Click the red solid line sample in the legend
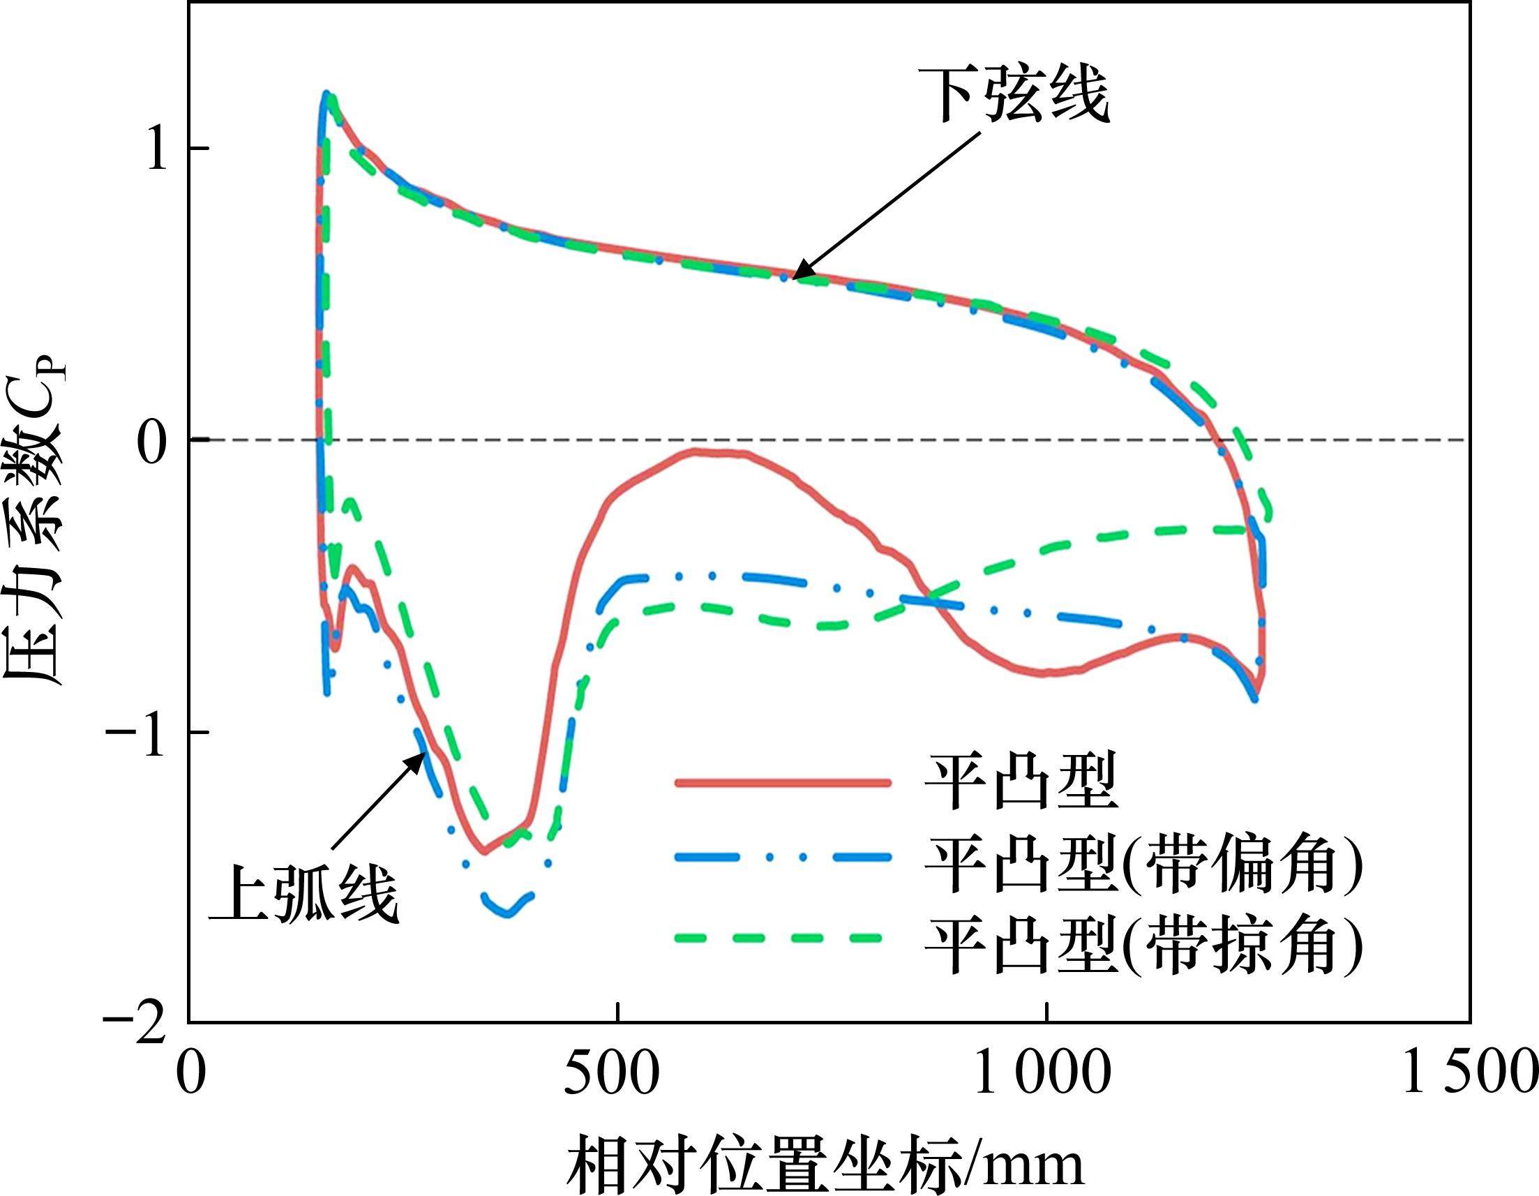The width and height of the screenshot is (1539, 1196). point(782,782)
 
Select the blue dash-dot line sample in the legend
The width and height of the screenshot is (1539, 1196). point(782,857)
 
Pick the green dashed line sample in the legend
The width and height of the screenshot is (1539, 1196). point(782,938)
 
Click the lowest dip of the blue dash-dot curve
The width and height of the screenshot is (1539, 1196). point(506,913)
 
